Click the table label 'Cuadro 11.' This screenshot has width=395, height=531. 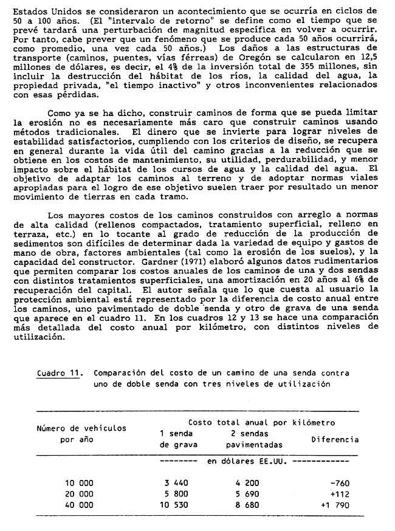(x=59, y=374)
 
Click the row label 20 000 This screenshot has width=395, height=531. (x=79, y=494)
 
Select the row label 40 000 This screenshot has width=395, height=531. (x=79, y=505)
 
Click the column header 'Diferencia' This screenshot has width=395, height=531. (x=334, y=439)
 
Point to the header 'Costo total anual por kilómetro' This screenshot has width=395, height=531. (x=261, y=422)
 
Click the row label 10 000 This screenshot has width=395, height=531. (x=79, y=483)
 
